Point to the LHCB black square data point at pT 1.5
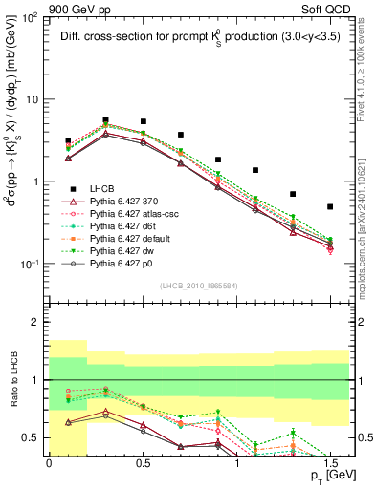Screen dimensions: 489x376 tap(330, 206)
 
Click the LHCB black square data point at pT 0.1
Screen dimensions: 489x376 tap(68, 140)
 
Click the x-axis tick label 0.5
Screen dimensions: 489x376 tap(143, 463)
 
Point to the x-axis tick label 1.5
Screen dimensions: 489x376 tap(330, 463)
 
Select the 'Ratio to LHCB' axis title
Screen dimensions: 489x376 tap(13, 380)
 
